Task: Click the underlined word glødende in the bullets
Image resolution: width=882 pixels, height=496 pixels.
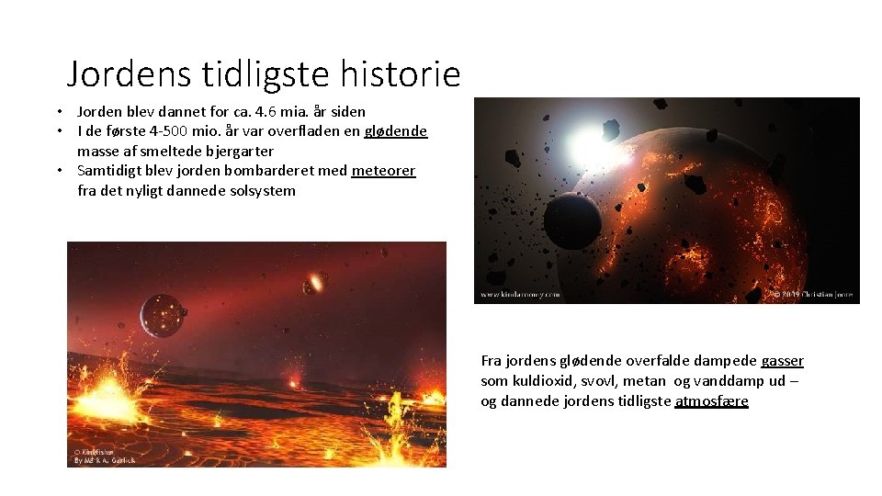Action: [x=395, y=131]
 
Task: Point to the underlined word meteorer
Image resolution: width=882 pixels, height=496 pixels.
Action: [x=383, y=171]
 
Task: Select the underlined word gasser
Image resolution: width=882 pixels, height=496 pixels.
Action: [x=782, y=361]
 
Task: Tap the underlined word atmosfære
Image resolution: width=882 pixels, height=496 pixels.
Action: [x=711, y=401]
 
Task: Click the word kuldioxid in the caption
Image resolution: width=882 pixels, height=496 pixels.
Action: [x=542, y=381]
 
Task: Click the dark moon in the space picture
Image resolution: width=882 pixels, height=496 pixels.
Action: [x=571, y=221]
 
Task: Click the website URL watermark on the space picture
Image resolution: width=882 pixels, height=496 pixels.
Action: [x=518, y=295]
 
